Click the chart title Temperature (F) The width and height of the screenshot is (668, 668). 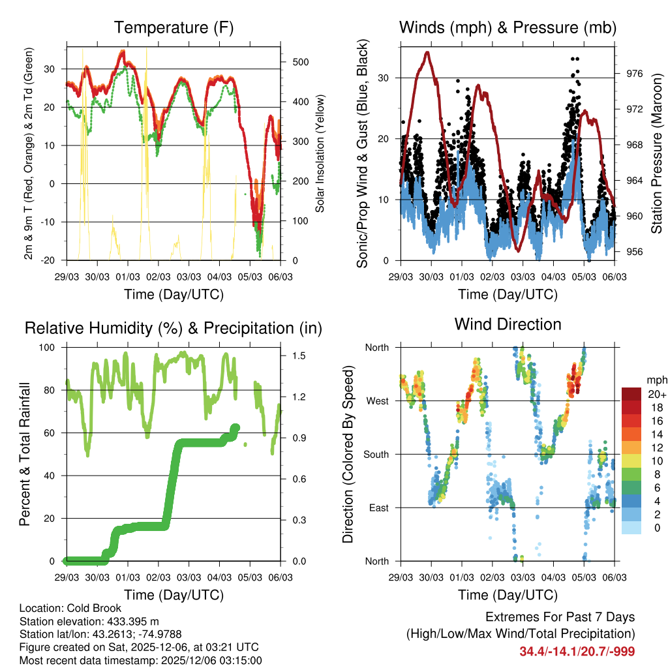174,28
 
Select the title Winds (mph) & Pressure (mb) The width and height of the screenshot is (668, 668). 508,28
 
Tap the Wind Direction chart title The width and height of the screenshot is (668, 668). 508,324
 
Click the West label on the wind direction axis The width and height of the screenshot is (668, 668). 376,401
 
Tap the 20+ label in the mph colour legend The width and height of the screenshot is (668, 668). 656,394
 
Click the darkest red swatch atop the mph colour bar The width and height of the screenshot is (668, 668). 632,394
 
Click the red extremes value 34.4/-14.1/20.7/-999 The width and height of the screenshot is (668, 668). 577,652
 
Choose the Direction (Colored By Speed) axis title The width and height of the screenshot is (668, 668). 348,454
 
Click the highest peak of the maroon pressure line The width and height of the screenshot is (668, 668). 427,52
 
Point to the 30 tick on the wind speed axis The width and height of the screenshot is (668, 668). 386,78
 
